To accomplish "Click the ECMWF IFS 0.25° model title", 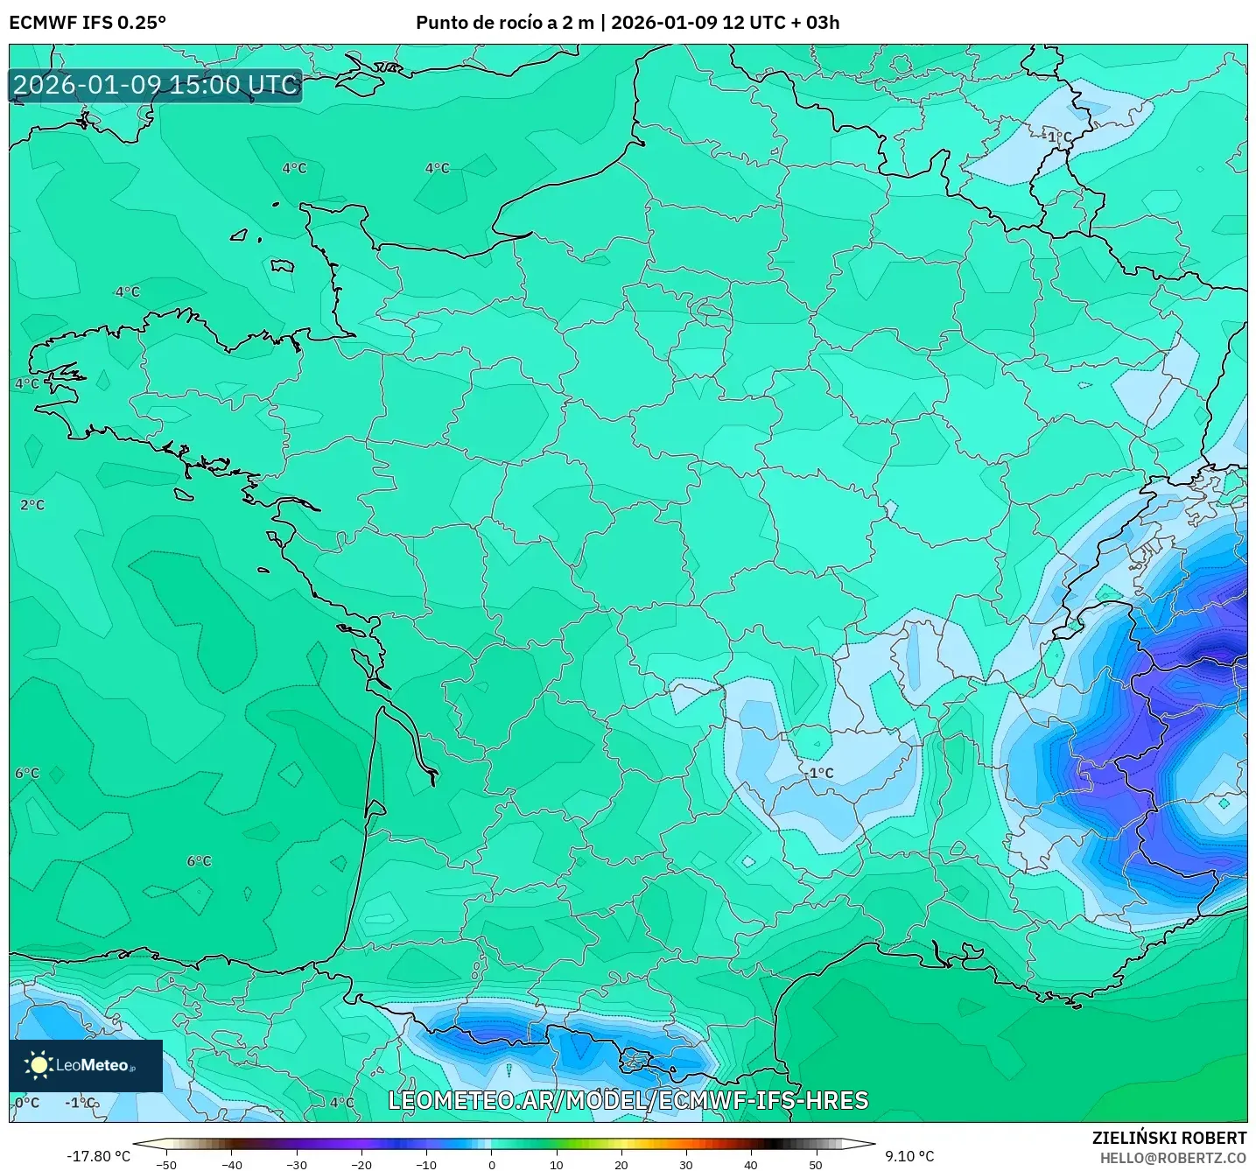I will (x=88, y=23).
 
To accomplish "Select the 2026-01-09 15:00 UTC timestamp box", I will (x=156, y=85).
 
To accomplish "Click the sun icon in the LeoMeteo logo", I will (x=39, y=1065).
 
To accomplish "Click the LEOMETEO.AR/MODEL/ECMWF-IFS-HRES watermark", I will (x=628, y=1100).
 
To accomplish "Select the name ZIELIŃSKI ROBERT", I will (x=1169, y=1138).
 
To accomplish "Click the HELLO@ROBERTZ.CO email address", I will (x=1173, y=1158).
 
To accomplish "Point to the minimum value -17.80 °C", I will (x=98, y=1156).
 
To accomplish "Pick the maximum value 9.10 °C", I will (x=909, y=1156).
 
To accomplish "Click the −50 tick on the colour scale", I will (x=165, y=1164).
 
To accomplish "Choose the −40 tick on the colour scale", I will (x=231, y=1164).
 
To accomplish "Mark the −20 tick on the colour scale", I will (x=361, y=1164).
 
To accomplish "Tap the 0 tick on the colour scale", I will (x=492, y=1164).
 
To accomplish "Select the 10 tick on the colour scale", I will (x=557, y=1164).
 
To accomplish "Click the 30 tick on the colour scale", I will (x=686, y=1164).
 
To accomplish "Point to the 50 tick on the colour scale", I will (x=816, y=1164).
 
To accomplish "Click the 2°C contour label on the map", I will (x=32, y=505).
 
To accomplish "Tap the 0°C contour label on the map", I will (x=27, y=1103).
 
